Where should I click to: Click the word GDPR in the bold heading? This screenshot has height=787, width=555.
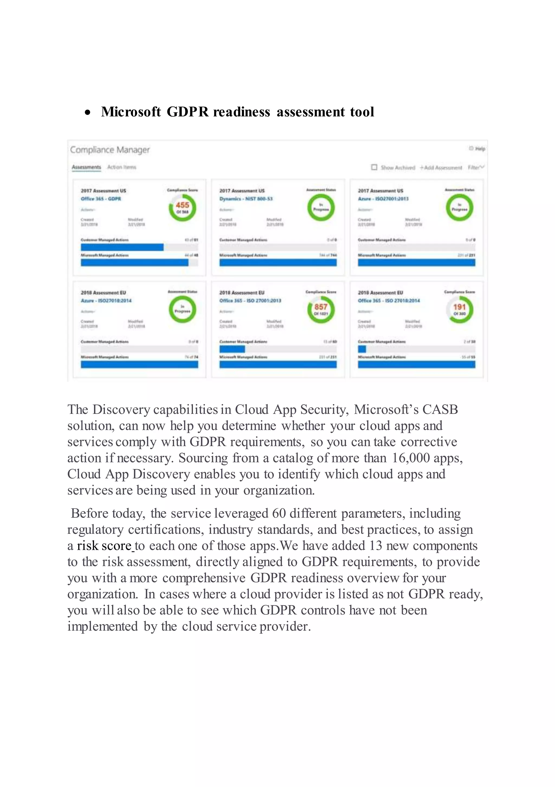point(187,112)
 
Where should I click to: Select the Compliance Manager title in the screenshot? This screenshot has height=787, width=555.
point(110,150)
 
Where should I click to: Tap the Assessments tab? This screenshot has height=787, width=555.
point(86,167)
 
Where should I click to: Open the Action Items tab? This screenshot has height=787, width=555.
point(122,167)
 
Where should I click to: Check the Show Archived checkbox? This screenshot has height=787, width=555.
point(374,167)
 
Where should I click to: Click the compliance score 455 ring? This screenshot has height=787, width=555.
point(182,207)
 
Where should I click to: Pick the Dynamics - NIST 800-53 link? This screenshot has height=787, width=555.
point(246,199)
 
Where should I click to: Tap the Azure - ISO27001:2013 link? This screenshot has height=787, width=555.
point(383,199)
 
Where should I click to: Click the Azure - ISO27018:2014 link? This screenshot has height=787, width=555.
point(106,301)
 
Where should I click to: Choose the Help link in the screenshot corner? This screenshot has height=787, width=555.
point(477,148)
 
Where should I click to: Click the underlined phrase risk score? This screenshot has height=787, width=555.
point(104,546)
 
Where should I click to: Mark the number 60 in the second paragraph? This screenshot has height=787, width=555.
point(279,513)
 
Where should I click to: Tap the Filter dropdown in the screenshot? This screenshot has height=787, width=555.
point(476,167)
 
